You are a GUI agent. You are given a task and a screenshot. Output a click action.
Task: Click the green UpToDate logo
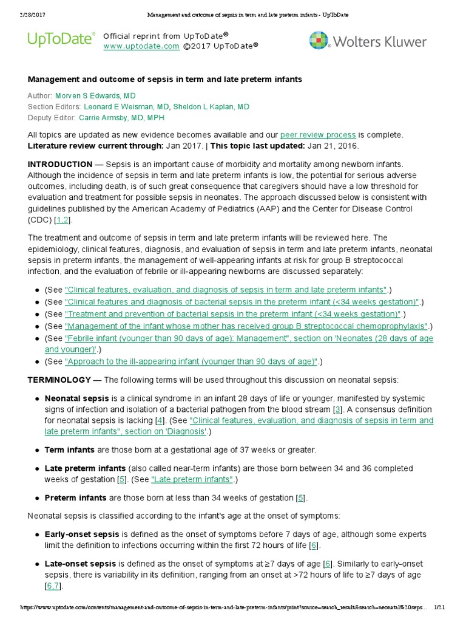[x=61, y=40]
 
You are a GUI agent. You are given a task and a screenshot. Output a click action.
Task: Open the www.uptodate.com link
[x=141, y=46]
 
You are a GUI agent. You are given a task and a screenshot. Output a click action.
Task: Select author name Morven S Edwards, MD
[x=95, y=96]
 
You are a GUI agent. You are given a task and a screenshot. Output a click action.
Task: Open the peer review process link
[x=318, y=135]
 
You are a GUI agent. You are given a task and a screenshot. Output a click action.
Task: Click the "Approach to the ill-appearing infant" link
[x=191, y=362]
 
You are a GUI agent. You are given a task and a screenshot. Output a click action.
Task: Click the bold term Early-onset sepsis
[x=82, y=535]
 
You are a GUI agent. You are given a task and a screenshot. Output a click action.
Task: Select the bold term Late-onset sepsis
[x=81, y=564]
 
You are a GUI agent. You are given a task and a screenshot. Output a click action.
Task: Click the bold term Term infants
[x=69, y=450]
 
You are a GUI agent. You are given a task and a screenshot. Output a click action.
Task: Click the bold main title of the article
[x=164, y=80]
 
